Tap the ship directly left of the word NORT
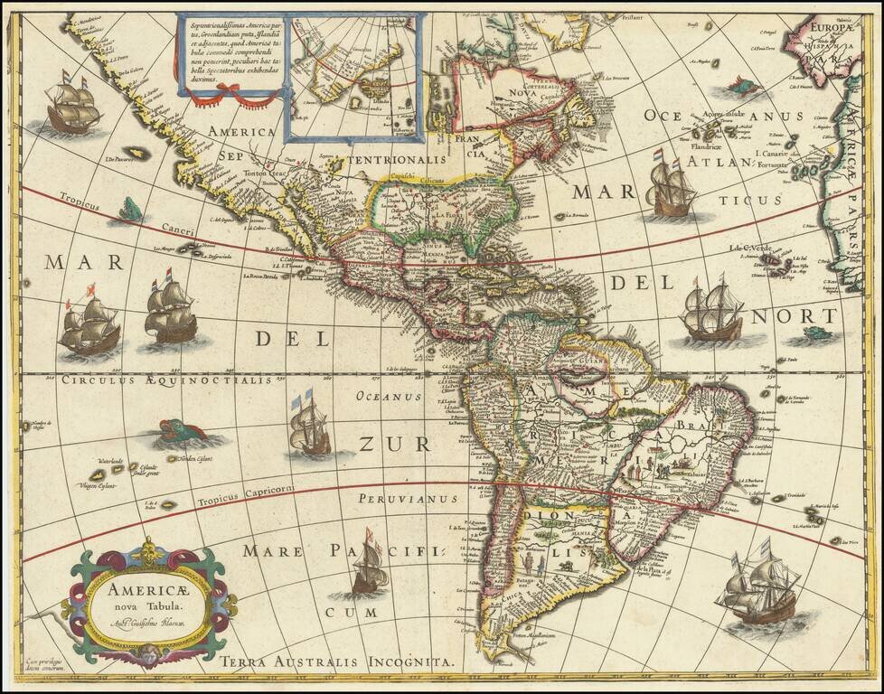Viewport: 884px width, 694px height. click(712, 313)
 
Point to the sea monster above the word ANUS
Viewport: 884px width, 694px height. click(738, 89)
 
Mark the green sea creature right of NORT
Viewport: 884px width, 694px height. click(815, 333)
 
